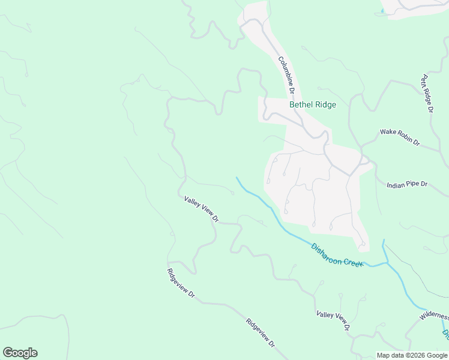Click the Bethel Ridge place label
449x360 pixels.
[x=313, y=104]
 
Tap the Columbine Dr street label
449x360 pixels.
[x=285, y=76]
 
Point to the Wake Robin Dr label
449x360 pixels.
[x=400, y=137]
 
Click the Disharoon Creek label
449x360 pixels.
[x=337, y=255]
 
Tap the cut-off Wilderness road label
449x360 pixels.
[x=434, y=316]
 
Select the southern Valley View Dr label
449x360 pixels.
[x=333, y=321]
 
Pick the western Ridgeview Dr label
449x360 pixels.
[x=181, y=283]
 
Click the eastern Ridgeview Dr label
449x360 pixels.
[x=261, y=333]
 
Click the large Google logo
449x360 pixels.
[x=20, y=353]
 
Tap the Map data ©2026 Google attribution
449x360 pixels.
[x=412, y=355]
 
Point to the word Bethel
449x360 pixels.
[x=300, y=104]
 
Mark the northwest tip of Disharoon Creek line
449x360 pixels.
[x=237, y=178]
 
